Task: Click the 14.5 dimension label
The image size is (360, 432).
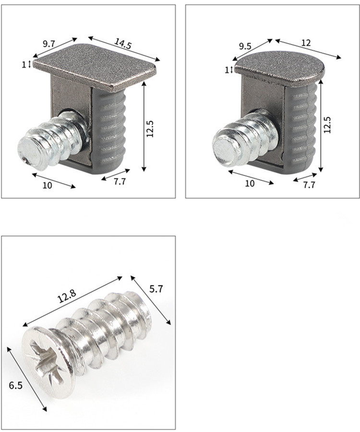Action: (123, 44)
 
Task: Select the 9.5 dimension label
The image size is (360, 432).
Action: (245, 47)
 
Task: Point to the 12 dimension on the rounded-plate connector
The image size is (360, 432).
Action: (306, 43)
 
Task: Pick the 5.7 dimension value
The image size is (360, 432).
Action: (156, 289)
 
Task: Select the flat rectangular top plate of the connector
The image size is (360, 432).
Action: (96, 67)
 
